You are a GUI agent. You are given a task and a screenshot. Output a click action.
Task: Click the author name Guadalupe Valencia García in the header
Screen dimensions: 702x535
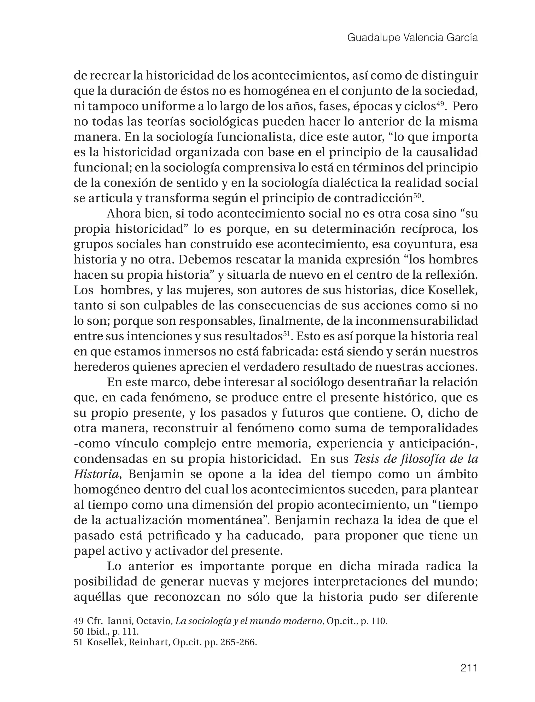click(x=412, y=38)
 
